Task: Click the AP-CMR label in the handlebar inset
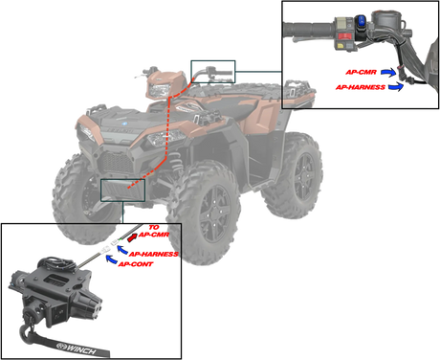361,72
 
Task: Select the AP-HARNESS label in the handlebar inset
361,87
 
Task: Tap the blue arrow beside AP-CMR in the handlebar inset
388,73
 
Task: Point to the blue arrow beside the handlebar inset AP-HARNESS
396,86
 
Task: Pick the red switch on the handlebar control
344,35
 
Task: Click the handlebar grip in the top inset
309,30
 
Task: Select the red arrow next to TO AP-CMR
132,237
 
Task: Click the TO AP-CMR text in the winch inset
154,231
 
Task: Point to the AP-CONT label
136,264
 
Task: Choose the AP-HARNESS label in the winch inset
153,254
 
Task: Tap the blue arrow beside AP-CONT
111,259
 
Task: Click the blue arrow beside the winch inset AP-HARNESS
122,249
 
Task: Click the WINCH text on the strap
81,349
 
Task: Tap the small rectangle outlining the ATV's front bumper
122,179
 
